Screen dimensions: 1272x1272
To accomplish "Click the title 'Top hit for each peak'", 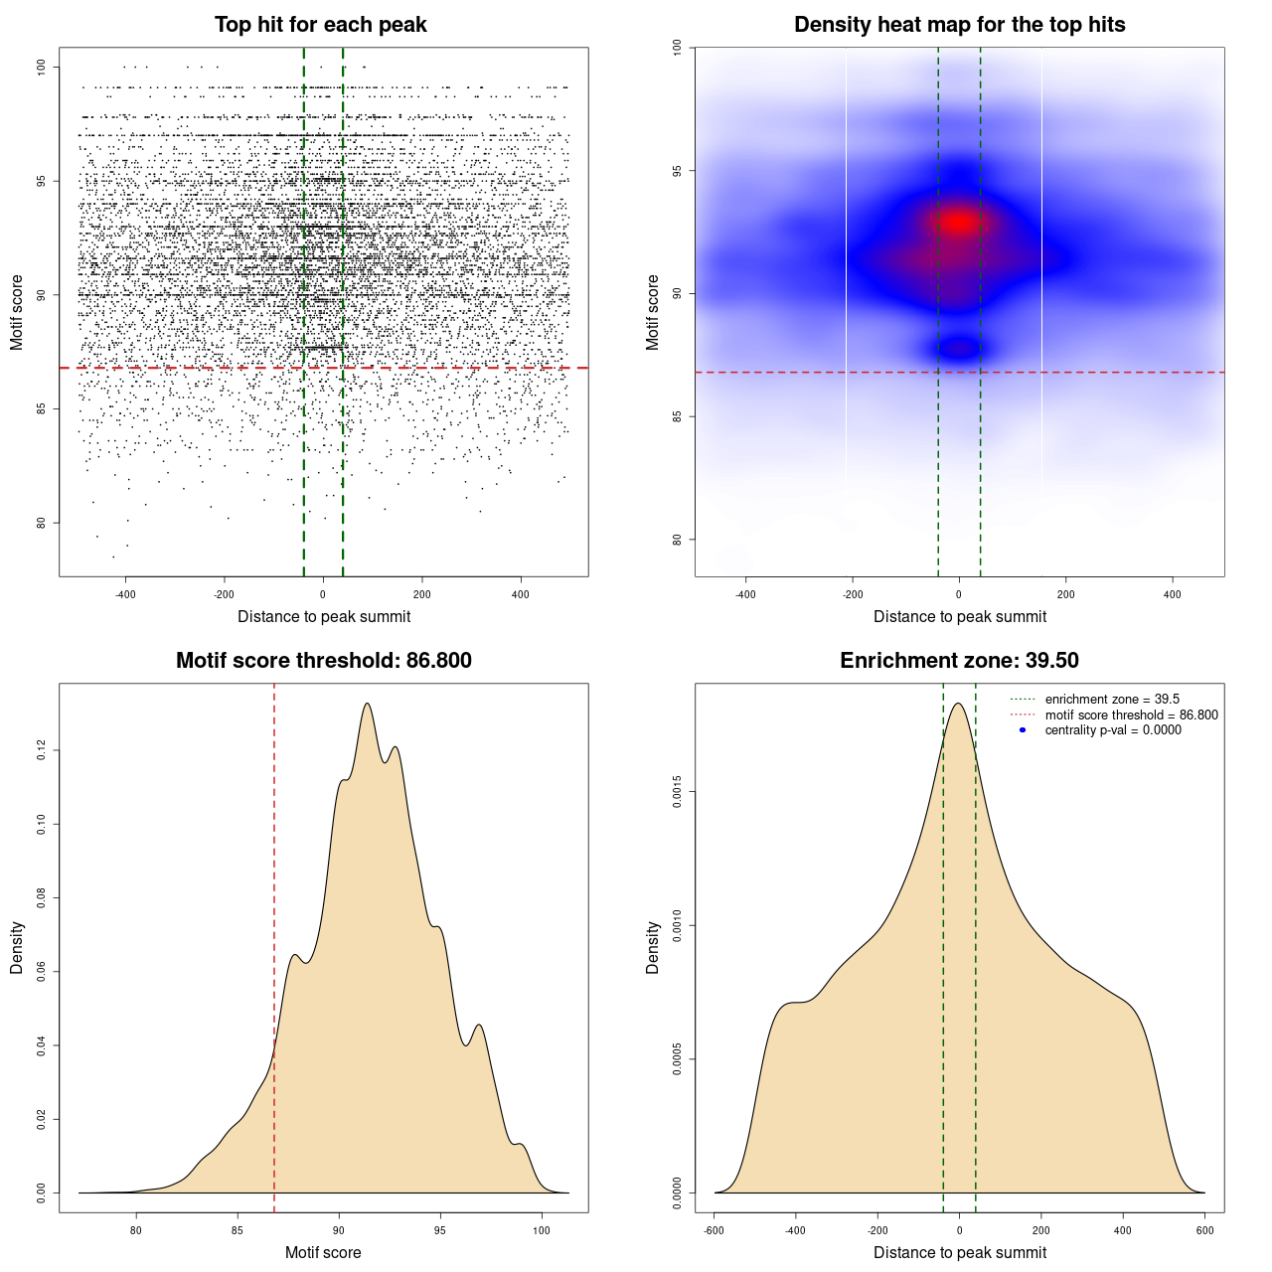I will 320,25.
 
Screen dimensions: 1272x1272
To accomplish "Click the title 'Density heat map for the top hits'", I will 959,25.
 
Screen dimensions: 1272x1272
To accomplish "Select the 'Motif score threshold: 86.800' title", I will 323,661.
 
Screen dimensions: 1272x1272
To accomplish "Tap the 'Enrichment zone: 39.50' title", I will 959,661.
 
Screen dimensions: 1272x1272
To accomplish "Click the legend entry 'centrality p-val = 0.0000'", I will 1113,730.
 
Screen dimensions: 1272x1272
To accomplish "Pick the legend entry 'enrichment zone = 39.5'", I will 1111,700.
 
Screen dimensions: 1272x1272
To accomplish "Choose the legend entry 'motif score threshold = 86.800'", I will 1131,715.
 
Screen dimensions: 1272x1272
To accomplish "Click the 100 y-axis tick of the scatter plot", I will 42,67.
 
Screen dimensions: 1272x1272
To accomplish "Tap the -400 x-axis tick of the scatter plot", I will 125,594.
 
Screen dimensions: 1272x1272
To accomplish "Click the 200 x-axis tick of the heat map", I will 1066,594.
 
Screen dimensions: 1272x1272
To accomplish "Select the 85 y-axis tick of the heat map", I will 677,416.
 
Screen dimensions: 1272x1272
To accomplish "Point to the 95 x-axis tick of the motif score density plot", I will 440,1230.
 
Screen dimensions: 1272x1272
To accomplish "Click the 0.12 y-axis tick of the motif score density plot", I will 42,751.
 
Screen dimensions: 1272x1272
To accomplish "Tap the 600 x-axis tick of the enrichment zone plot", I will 1204,1230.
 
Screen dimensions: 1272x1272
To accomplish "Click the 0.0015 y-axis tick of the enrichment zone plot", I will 677,792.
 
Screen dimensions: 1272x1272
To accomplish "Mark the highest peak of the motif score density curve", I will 368,704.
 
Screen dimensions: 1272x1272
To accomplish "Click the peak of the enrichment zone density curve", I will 958,704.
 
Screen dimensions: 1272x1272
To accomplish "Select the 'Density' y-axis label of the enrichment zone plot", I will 653,947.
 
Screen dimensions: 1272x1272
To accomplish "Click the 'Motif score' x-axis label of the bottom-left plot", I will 323,1252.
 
